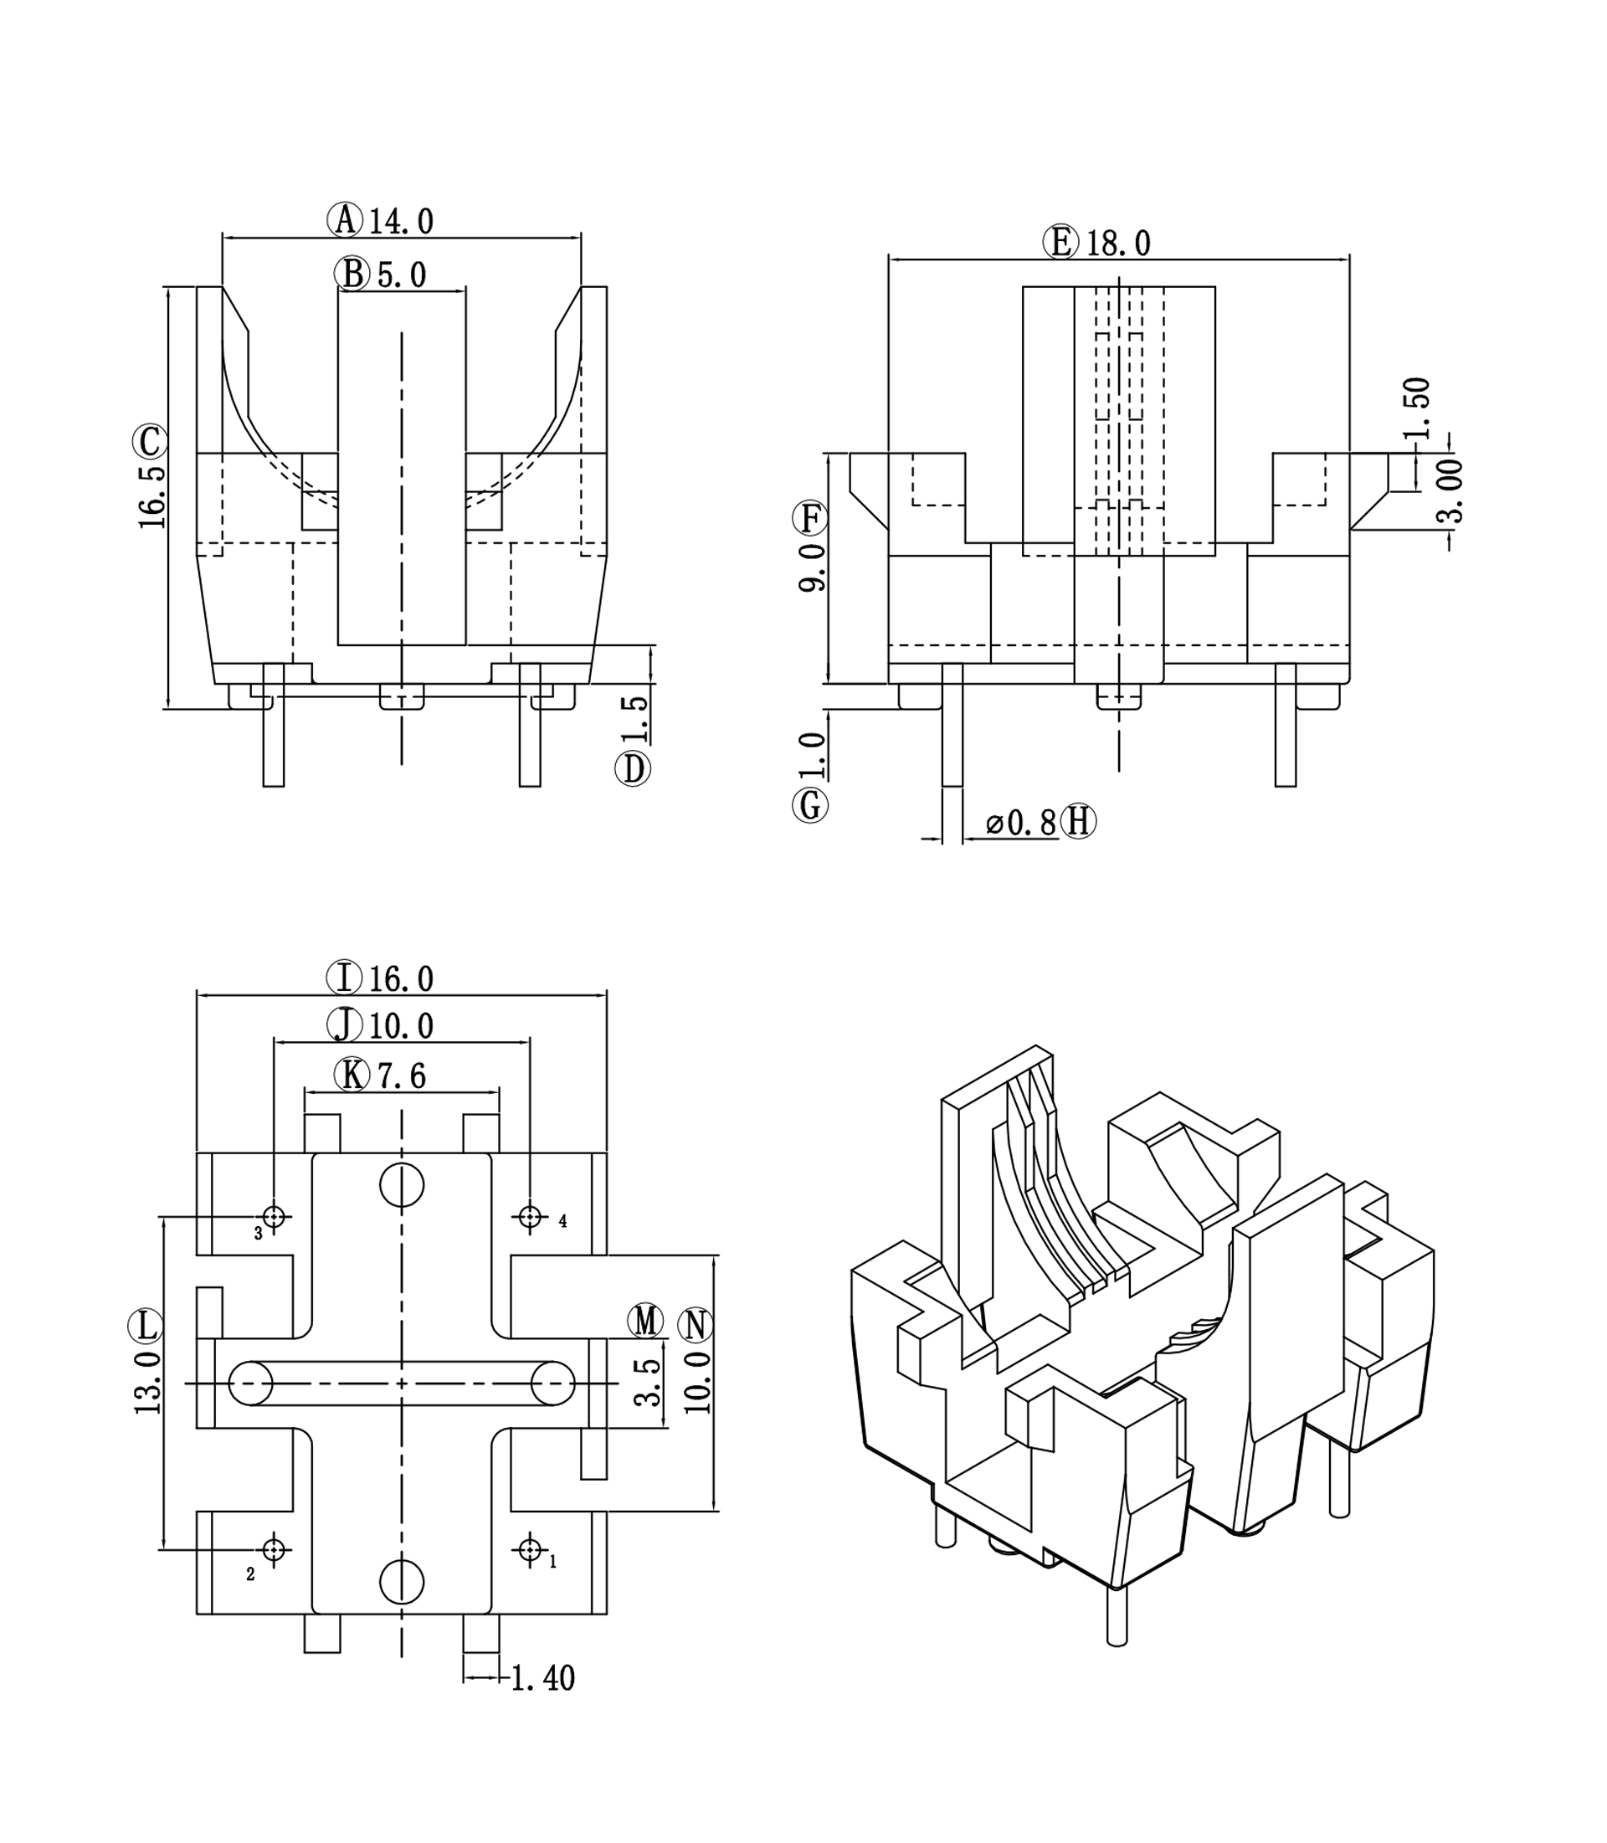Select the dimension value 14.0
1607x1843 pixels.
tap(401, 222)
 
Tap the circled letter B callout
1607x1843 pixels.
tap(352, 274)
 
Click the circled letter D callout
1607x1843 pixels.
tap(632, 768)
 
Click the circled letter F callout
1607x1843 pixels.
tap(810, 517)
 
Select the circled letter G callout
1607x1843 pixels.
tap(810, 804)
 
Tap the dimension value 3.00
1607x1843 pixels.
tap(1450, 490)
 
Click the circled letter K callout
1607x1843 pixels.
tap(351, 1075)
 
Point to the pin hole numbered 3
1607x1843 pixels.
tap(275, 1217)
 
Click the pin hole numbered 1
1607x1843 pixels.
tap(530, 1550)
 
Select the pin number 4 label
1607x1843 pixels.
tap(562, 1220)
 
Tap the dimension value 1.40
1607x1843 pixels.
tap(542, 1678)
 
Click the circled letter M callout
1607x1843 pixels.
tap(644, 1321)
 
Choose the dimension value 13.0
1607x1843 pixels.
tap(148, 1382)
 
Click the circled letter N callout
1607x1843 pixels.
tap(696, 1326)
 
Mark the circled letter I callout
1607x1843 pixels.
tap(344, 978)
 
